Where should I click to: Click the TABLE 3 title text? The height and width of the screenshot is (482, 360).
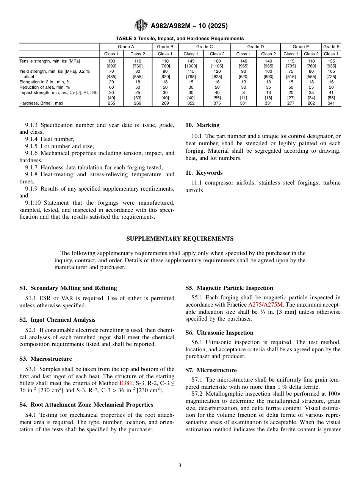pyautogui.click(x=180, y=39)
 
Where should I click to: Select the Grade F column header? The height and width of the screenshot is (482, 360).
pyautogui.click(x=331, y=47)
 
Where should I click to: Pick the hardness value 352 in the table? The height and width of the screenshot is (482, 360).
pyautogui.click(x=191, y=103)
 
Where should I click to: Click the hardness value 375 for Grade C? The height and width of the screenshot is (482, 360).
pyautogui.click(x=217, y=103)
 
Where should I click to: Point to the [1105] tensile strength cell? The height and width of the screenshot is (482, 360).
pyautogui.click(x=217, y=66)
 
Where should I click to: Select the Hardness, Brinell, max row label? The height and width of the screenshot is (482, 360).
pyautogui.click(x=41, y=103)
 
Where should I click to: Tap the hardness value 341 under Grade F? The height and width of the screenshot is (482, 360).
pyautogui.click(x=331, y=103)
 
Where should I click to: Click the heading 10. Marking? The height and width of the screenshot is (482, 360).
pyautogui.click(x=202, y=125)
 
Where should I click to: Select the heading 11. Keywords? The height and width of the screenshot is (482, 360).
pyautogui.click(x=204, y=173)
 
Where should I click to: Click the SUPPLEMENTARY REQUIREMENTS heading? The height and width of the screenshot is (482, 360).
pyautogui.click(x=180, y=239)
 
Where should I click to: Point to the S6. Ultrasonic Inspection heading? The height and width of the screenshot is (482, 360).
pyautogui.click(x=219, y=333)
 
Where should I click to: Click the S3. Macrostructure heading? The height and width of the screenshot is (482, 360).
pyautogui.click(x=45, y=359)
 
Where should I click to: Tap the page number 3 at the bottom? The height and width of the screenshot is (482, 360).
pyautogui.click(x=180, y=466)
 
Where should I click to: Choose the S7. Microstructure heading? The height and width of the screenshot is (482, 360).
pyautogui.click(x=211, y=370)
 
